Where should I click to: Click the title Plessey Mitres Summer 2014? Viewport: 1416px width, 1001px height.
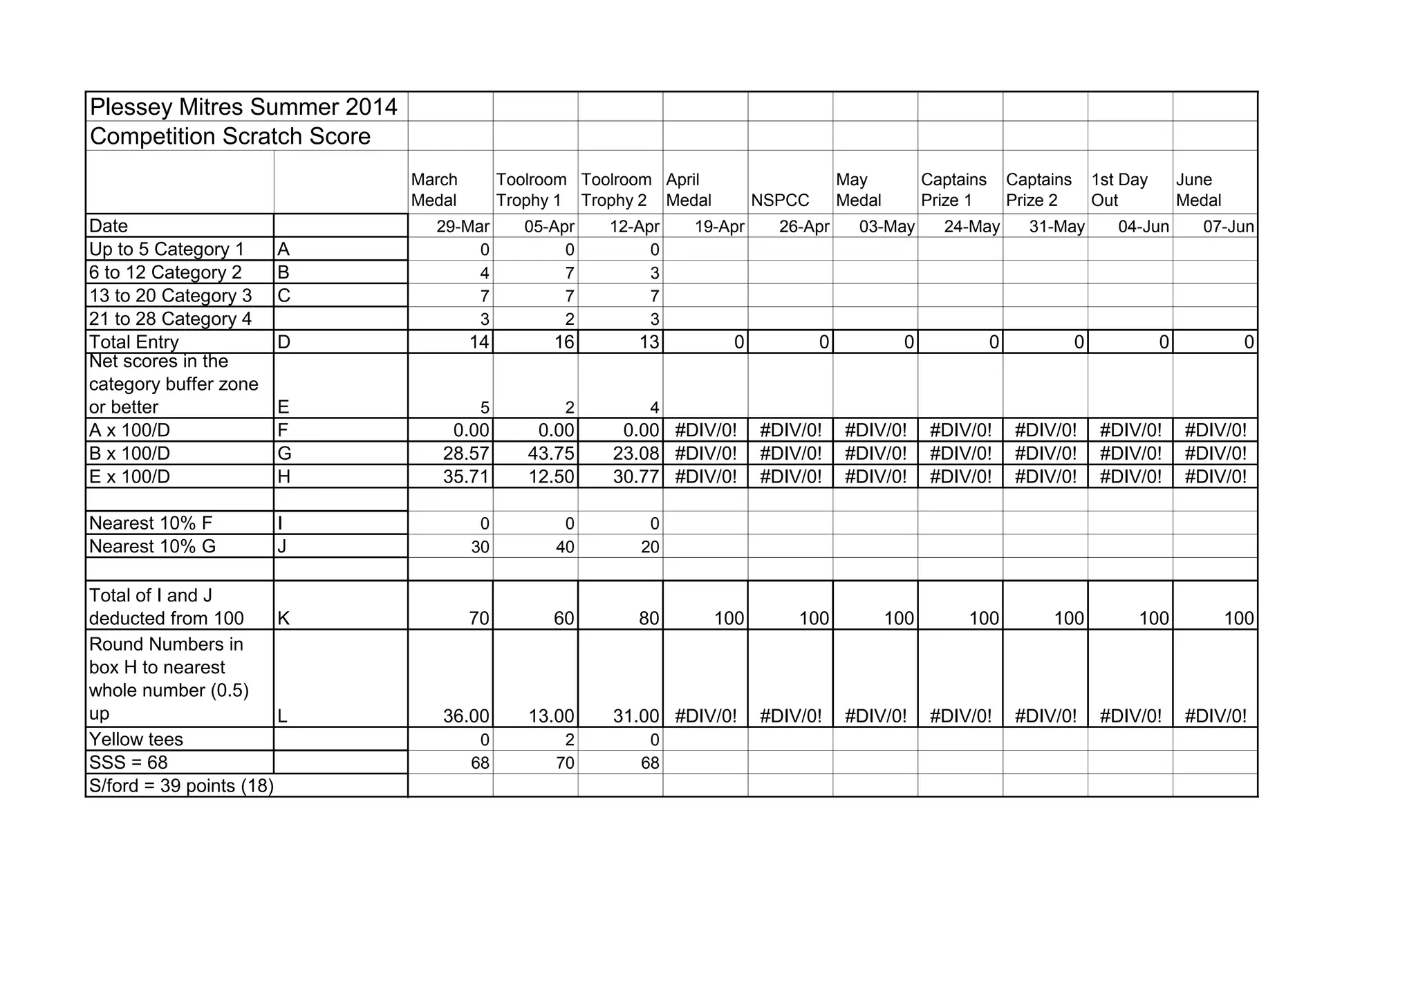point(243,107)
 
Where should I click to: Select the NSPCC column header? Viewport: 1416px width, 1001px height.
point(780,200)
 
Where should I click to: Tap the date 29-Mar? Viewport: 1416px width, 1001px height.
point(463,227)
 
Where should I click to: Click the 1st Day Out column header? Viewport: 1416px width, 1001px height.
point(1119,190)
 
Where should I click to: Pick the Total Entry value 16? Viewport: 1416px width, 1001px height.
point(564,342)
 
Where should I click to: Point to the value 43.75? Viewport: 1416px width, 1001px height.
point(551,453)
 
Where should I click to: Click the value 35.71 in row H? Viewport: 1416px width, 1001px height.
point(466,477)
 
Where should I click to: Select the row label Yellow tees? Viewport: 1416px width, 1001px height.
point(136,740)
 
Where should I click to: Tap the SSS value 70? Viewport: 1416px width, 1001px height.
point(565,763)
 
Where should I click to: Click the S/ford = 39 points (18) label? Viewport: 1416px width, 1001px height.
point(181,786)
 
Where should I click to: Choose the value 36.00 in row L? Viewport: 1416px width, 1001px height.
point(466,716)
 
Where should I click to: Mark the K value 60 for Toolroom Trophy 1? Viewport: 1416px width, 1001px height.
point(564,619)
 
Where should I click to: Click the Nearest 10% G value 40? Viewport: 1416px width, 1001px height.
point(565,548)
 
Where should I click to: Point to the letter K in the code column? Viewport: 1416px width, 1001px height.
point(283,619)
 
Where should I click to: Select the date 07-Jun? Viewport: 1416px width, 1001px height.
point(1228,227)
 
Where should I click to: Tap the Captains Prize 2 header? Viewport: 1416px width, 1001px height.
point(1038,190)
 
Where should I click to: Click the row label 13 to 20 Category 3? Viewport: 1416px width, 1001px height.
point(170,296)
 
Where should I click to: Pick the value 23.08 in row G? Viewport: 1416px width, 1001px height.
point(636,453)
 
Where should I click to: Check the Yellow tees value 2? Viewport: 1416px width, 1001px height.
point(570,740)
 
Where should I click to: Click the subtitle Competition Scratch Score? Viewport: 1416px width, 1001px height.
point(230,137)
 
